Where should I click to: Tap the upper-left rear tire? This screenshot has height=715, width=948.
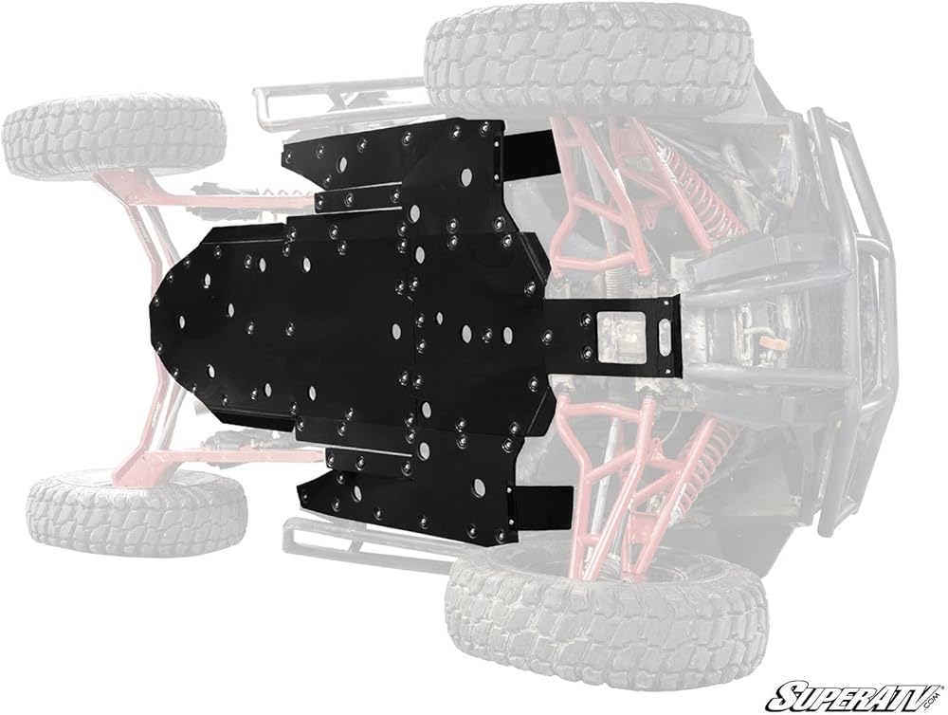(113, 139)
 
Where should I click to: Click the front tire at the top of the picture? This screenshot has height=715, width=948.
(590, 59)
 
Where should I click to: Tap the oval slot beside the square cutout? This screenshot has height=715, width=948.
(663, 334)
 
